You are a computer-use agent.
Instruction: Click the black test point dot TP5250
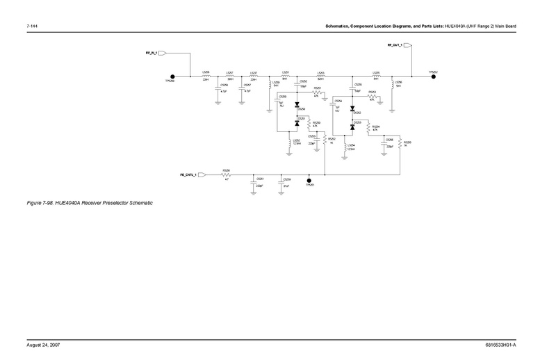click(172, 77)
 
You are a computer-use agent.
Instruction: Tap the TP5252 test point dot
click(434, 77)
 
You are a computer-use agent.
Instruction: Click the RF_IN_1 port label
click(152, 52)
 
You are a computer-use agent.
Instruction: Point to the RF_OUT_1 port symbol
click(408, 46)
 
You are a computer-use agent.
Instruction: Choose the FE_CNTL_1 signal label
click(186, 175)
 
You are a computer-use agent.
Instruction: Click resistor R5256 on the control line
click(227, 175)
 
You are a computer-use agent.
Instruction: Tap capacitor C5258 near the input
click(218, 88)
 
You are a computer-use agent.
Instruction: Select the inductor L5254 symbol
click(345, 147)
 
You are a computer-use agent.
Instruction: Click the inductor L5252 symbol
click(291, 142)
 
